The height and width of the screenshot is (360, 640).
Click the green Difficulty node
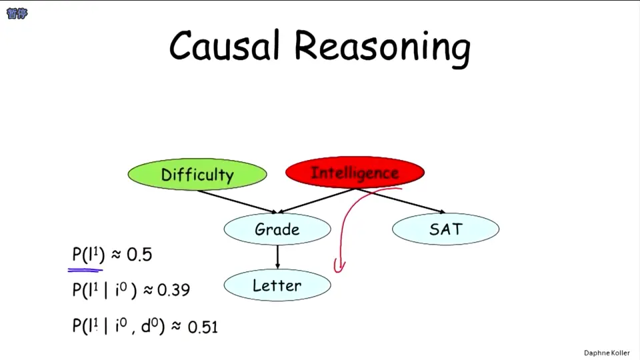tap(197, 174)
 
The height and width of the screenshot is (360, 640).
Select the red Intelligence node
tap(355, 172)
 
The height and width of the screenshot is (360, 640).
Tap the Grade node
tap(277, 229)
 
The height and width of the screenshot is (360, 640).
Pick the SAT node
tap(445, 229)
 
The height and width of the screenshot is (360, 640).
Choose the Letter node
tap(277, 285)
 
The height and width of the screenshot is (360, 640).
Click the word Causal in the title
tap(225, 46)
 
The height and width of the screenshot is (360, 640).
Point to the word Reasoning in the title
tap(382, 48)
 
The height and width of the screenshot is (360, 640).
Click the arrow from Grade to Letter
tap(277, 257)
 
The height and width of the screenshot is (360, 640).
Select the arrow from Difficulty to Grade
tap(237, 201)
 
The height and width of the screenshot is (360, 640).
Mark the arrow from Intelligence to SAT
tap(400, 201)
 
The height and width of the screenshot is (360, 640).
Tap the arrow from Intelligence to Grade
tap(316, 201)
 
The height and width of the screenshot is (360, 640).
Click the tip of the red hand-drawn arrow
tap(339, 272)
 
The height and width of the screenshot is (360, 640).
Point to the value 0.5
tap(139, 255)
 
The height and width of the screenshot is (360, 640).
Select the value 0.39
tap(173, 290)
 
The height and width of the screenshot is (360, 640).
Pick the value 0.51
tap(203, 327)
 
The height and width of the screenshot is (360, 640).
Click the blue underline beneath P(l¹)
tap(85, 270)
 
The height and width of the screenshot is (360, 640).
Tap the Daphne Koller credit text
tap(607, 353)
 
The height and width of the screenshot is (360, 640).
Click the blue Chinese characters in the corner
tap(17, 13)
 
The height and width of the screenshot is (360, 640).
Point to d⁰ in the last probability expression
tap(150, 325)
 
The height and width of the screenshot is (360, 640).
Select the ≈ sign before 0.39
tap(148, 290)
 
